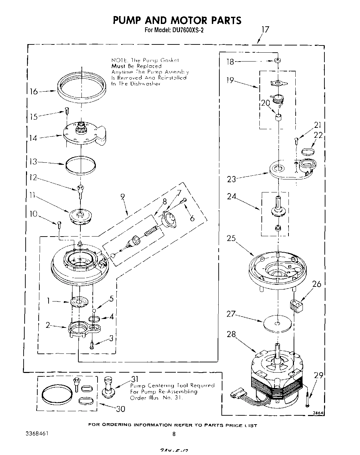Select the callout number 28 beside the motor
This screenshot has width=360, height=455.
click(x=232, y=334)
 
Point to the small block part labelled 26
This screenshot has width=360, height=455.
click(x=296, y=305)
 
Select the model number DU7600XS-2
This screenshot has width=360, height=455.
click(x=188, y=30)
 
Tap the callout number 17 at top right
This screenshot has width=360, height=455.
click(x=265, y=29)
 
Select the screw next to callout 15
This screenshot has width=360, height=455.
click(x=67, y=110)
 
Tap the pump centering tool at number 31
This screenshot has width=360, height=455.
click(x=108, y=387)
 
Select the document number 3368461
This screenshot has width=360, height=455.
click(x=37, y=434)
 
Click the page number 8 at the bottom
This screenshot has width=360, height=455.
click(x=174, y=434)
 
